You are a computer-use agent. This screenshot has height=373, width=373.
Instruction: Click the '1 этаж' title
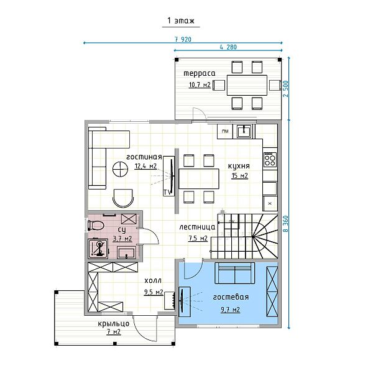tap(181, 21)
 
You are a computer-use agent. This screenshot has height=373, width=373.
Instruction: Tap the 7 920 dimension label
tap(183, 39)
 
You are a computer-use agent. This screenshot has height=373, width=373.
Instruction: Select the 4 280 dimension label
tap(228, 47)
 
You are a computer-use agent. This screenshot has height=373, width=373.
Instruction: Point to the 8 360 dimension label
tap(286, 224)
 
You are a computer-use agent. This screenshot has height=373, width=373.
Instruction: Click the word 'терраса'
tap(200, 73)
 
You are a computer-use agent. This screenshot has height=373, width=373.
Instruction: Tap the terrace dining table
tap(247, 85)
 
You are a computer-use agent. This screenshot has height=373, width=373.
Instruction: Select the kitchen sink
tap(244, 132)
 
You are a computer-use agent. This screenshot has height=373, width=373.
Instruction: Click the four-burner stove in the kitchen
tap(270, 159)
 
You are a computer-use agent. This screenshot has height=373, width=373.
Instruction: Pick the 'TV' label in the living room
tap(167, 192)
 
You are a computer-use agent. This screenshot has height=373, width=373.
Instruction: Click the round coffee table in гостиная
tap(120, 169)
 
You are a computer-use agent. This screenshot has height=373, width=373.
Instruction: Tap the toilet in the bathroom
tap(95, 225)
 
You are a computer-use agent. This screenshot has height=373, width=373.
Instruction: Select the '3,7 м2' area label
tap(122, 238)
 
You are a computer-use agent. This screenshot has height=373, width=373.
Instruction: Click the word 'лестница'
tap(197, 227)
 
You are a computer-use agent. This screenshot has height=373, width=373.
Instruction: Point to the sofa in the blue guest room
tap(234, 273)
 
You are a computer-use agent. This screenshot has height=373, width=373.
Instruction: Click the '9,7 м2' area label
tap(230, 310)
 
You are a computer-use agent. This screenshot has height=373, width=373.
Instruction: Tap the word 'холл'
tap(153, 281)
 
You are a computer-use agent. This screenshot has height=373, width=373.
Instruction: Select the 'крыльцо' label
tap(114, 324)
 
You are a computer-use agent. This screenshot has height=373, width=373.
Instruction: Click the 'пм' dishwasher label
tap(225, 131)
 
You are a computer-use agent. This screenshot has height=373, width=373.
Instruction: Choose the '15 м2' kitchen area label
tap(240, 175)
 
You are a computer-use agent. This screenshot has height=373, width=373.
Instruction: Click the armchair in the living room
tap(122, 198)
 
